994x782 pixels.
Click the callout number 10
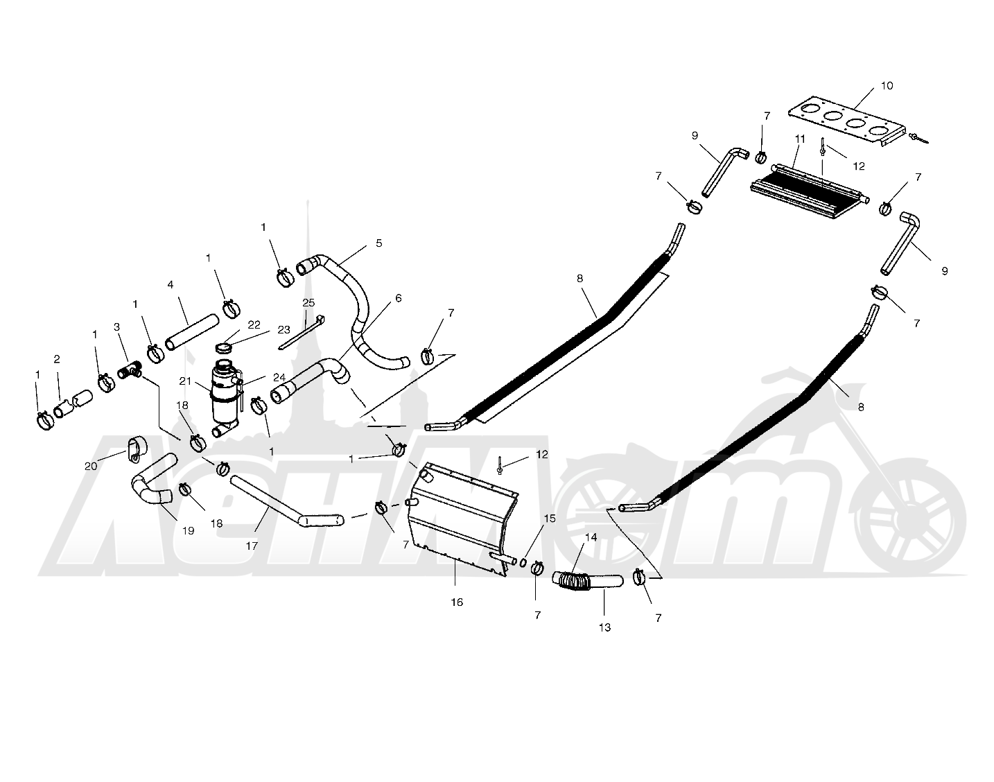pos(887,86)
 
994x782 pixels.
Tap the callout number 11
pos(800,139)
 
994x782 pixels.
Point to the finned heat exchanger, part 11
pos(808,191)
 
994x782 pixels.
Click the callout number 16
pos(457,602)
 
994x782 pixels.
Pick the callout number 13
pos(604,627)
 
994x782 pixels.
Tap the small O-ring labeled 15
pos(523,562)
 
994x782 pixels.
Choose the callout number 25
pos(308,302)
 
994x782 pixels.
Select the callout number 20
pos(91,466)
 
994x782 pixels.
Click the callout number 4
pos(171,285)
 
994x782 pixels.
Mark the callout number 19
pos(188,531)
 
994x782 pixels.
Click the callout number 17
pos(251,546)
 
